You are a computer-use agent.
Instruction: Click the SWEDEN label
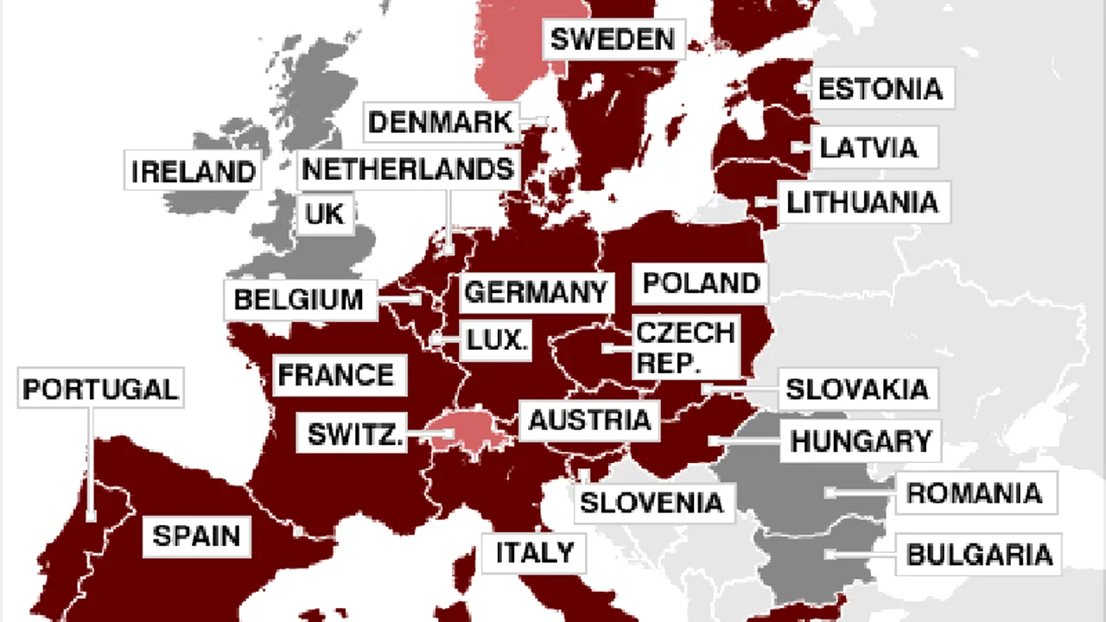[612, 39]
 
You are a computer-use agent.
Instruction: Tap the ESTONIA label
[880, 88]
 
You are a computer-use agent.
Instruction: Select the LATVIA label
[868, 147]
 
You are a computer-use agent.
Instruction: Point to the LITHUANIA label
[861, 203]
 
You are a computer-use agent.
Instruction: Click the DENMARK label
[441, 122]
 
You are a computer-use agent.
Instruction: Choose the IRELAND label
[194, 171]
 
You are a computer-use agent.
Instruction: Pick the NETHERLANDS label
[408, 169]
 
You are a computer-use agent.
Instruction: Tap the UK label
[325, 213]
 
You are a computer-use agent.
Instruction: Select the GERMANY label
[536, 292]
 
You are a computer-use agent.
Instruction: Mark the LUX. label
[496, 340]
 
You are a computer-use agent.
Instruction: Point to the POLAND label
[701, 282]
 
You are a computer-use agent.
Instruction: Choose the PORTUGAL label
[100, 389]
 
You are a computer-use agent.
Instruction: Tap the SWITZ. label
[355, 433]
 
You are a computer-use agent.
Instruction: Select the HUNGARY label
[861, 441]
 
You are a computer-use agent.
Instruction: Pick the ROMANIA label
[974, 493]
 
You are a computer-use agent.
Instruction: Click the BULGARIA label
[979, 554]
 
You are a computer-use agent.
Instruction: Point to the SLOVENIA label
[651, 502]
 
